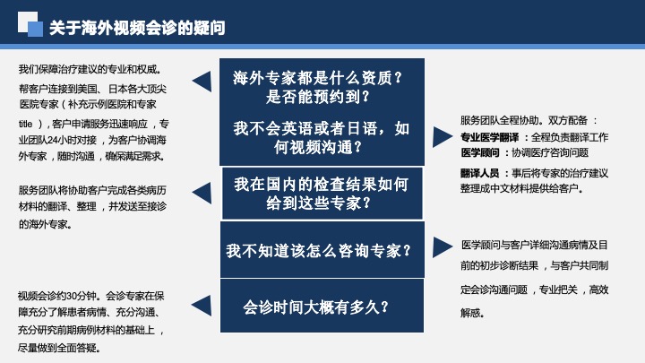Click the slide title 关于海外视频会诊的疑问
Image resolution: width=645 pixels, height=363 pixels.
click(x=137, y=28)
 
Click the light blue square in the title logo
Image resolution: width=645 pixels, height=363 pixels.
click(x=35, y=29)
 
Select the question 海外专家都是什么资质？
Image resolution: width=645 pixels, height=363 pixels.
click(x=317, y=77)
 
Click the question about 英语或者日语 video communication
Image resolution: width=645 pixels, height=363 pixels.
click(x=322, y=137)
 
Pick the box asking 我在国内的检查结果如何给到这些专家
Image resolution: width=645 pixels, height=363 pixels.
click(x=322, y=193)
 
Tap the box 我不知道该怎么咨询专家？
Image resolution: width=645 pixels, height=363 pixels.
click(x=322, y=250)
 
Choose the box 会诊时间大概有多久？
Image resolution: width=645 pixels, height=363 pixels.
click(x=322, y=306)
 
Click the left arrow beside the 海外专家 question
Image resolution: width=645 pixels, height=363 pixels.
click(x=202, y=82)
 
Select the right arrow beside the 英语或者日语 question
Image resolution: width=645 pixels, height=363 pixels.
click(x=443, y=136)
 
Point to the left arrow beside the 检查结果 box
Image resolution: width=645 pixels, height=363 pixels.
click(x=202, y=193)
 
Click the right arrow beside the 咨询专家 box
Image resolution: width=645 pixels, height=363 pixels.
click(x=443, y=247)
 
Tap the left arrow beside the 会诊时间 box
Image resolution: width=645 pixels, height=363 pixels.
click(x=202, y=306)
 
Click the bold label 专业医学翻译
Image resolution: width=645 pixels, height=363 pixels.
click(x=489, y=137)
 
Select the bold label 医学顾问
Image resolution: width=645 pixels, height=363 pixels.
click(x=479, y=152)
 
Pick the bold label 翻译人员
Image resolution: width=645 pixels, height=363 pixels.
click(x=479, y=173)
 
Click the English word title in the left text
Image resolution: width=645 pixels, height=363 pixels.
click(x=25, y=124)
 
